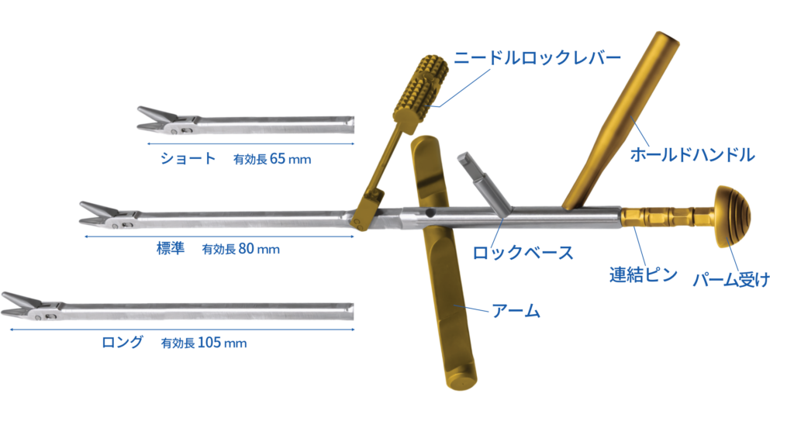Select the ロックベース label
point(523,253)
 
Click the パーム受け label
point(731,279)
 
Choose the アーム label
point(516,312)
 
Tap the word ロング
point(123,342)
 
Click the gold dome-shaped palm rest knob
point(733,216)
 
